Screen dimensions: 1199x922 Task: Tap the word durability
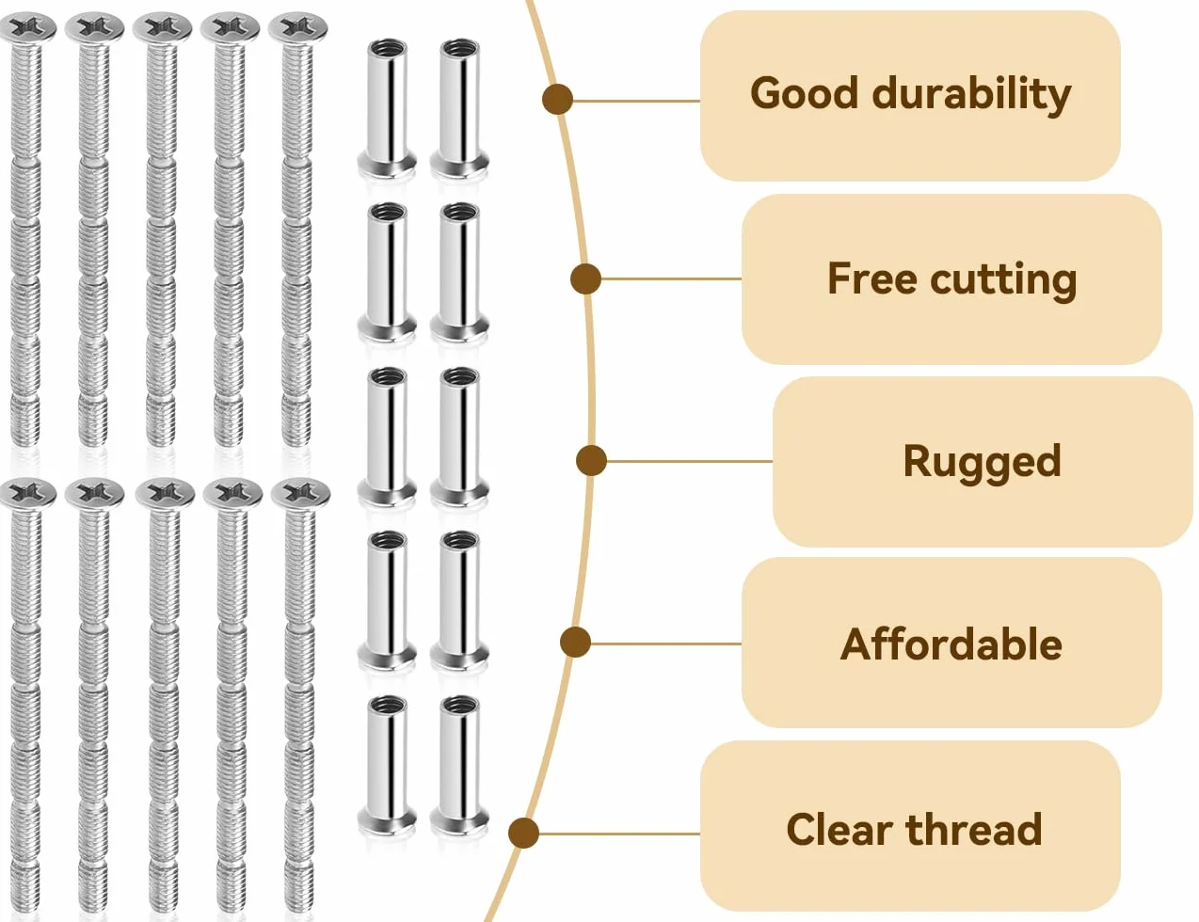click(x=971, y=95)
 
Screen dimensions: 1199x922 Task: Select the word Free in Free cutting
click(x=871, y=278)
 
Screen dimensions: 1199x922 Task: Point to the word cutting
click(x=1003, y=280)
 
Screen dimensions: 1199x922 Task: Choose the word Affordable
click(x=951, y=644)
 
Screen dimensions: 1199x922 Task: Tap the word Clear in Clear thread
click(x=839, y=829)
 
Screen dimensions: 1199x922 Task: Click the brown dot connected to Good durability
click(x=557, y=100)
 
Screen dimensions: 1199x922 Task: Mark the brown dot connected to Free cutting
click(x=585, y=278)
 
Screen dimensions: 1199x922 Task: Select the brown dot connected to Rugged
click(x=591, y=461)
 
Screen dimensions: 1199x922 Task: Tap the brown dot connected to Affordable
click(x=575, y=642)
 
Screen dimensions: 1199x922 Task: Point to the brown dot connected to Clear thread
click(x=523, y=833)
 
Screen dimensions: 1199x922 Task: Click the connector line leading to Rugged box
click(x=689, y=461)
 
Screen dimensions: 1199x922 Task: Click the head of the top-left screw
click(x=26, y=28)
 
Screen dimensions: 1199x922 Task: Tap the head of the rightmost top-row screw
click(x=298, y=28)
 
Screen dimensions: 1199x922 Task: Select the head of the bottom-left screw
click(x=26, y=494)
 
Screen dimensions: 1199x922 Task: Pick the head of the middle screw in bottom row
click(x=165, y=494)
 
